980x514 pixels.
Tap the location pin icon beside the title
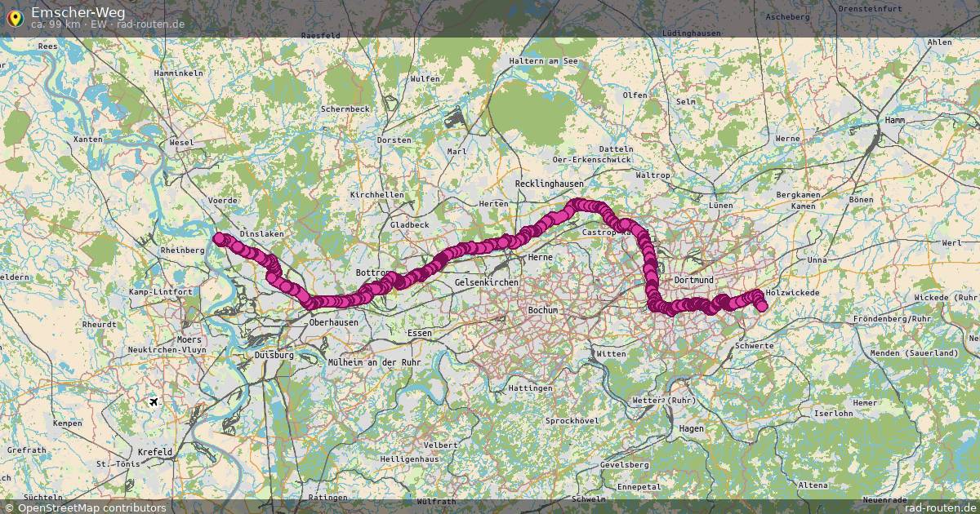pos(15,16)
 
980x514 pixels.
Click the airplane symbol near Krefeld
pos(154,401)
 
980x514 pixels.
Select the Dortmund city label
pos(694,280)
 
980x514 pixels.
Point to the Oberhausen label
pos(334,322)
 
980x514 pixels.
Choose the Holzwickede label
pos(793,292)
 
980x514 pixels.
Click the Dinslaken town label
pos(261,233)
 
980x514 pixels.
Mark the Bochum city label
pos(543,310)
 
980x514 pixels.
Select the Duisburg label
pos(274,355)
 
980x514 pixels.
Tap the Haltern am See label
pos(543,61)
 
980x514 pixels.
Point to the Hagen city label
pos(691,428)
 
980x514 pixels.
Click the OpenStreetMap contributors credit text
pos(91,507)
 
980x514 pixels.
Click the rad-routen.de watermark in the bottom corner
pos(940,507)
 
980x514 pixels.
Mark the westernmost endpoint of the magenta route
pos(220,238)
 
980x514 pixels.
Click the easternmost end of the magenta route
pos(762,306)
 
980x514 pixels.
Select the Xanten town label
pos(87,140)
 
